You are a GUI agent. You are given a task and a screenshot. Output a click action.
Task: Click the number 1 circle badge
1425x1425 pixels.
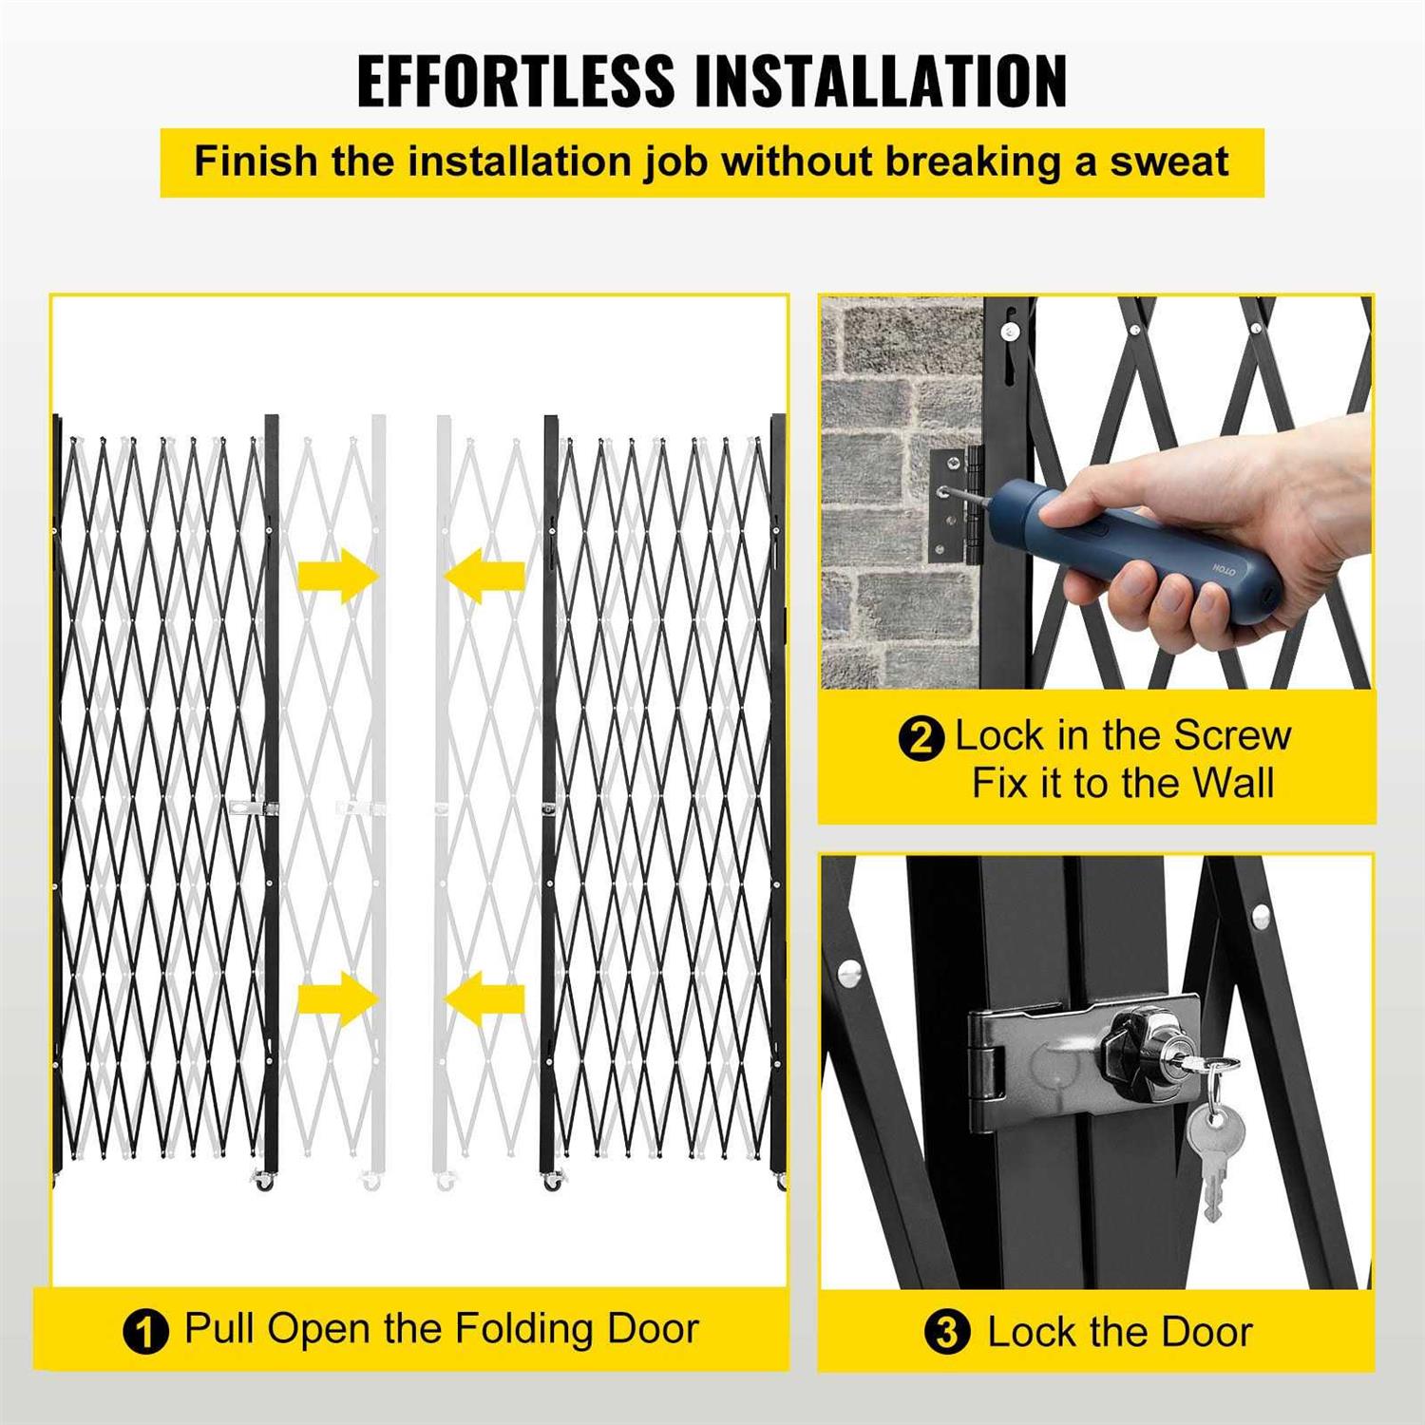click(x=145, y=1331)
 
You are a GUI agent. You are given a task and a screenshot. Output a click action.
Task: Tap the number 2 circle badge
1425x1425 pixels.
click(x=921, y=738)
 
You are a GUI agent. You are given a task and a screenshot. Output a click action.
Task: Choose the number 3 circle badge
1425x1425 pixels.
click(x=947, y=1332)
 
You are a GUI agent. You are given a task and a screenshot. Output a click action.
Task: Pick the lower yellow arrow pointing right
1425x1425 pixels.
click(x=338, y=998)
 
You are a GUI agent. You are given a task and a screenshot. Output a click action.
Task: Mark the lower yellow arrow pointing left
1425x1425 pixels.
click(x=484, y=998)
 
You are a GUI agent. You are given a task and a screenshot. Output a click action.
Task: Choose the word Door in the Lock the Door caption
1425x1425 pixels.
click(x=1206, y=1332)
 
